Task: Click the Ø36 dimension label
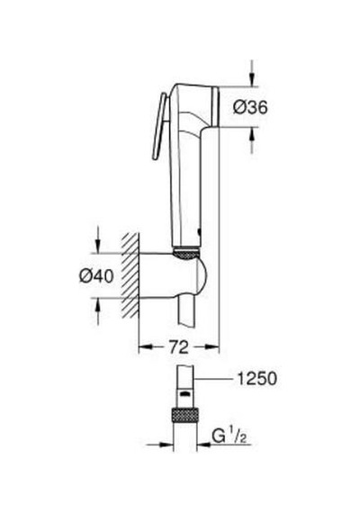click(x=250, y=107)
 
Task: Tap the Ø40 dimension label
click(x=96, y=275)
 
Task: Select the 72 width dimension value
click(x=179, y=346)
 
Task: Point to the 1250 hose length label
click(x=256, y=379)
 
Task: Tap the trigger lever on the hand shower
click(x=159, y=126)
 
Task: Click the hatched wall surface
click(x=130, y=275)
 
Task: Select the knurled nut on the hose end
click(x=184, y=415)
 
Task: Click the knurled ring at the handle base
click(x=185, y=252)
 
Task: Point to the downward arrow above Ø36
click(x=251, y=73)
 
